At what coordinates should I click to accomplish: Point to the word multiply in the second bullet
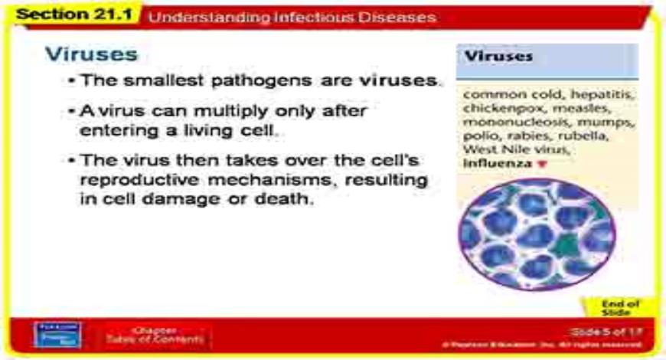(x=233, y=112)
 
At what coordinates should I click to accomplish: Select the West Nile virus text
(x=506, y=150)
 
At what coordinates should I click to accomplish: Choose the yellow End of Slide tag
(x=615, y=307)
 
